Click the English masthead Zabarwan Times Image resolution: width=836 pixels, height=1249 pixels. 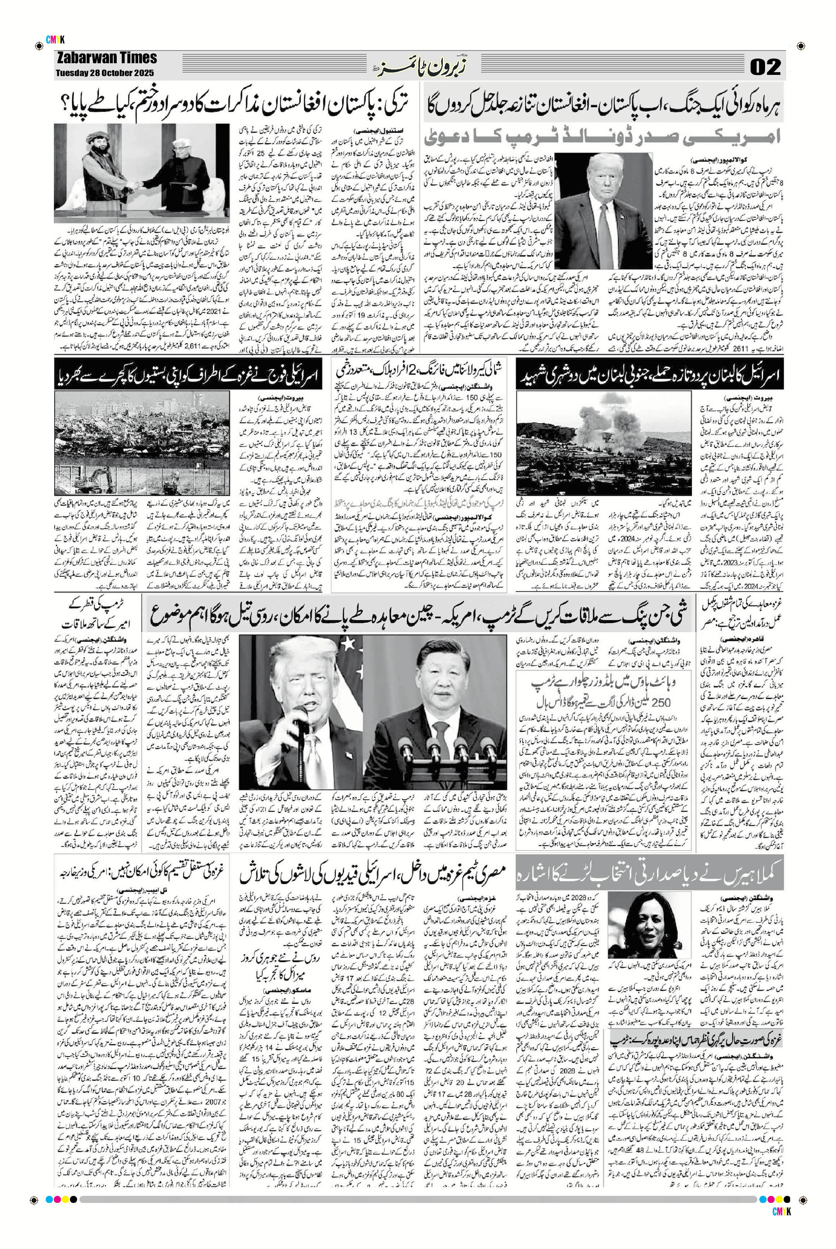107,58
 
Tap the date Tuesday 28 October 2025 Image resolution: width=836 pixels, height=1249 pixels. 105,73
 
